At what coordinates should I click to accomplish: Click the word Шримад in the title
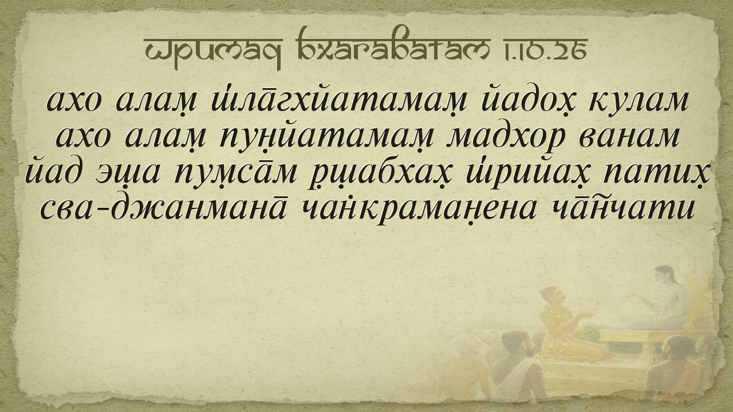[213, 51]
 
